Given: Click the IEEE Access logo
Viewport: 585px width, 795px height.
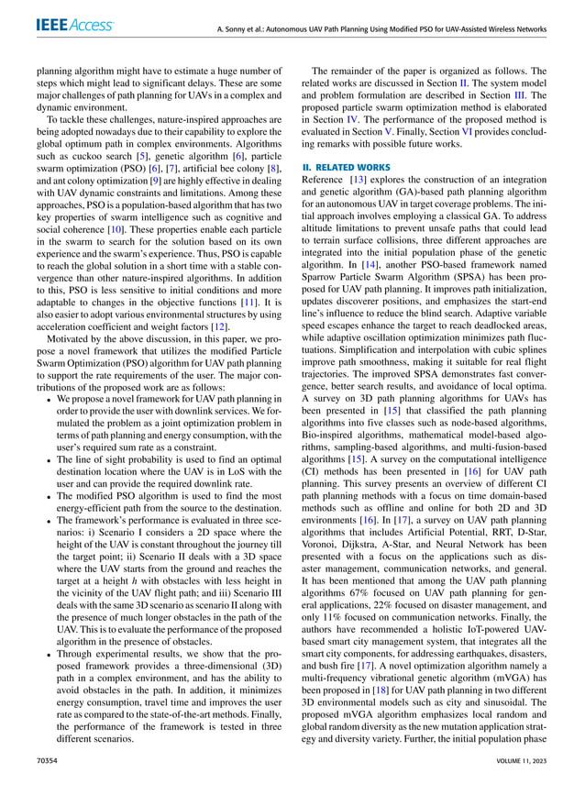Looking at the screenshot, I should (77, 28).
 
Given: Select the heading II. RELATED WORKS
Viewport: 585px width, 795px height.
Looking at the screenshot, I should (347, 168).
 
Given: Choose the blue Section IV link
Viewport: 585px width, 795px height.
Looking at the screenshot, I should (357, 117).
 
